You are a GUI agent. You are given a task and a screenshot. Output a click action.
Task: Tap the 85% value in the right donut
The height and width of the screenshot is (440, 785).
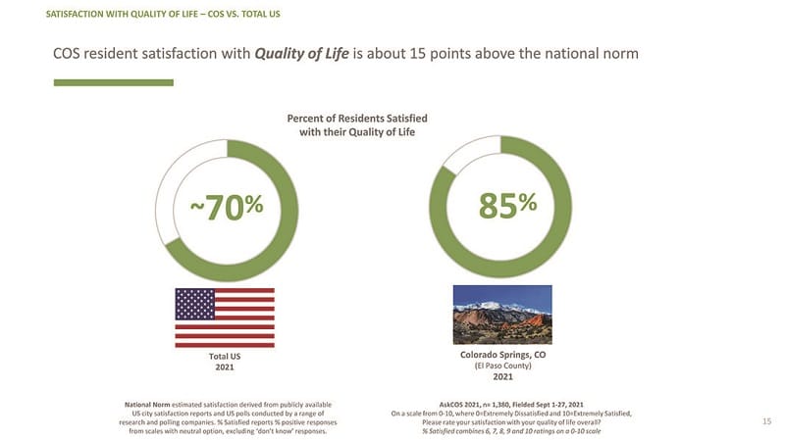click(507, 205)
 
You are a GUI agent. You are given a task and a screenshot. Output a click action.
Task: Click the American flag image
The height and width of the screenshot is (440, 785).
click(225, 317)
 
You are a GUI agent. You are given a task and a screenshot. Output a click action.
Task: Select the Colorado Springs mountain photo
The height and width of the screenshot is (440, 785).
click(502, 314)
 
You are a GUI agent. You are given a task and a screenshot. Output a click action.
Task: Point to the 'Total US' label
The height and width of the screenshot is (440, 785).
click(225, 356)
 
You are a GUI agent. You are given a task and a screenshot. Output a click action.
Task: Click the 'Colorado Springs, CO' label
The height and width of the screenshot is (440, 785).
click(502, 355)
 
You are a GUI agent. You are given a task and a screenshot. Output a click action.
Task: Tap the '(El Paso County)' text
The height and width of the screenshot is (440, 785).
click(502, 366)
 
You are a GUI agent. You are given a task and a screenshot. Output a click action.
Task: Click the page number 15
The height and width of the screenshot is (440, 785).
click(767, 421)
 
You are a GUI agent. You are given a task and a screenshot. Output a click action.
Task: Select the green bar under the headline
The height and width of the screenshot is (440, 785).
click(113, 82)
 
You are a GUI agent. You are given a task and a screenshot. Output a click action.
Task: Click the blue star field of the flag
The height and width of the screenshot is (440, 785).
click(194, 304)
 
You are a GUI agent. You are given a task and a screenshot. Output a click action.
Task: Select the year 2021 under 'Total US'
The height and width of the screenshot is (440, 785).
click(225, 367)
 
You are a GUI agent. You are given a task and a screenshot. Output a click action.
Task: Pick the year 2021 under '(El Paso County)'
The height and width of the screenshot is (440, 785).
click(502, 377)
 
